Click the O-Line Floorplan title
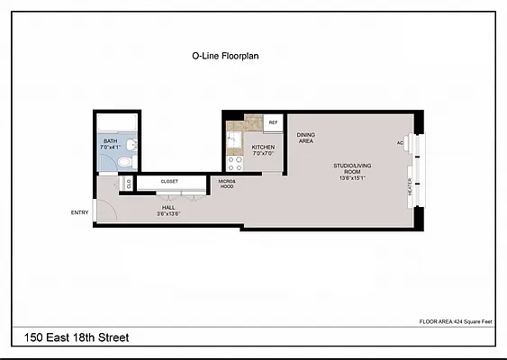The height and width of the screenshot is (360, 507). click(x=225, y=55)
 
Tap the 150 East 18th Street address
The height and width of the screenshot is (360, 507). click(x=71, y=337)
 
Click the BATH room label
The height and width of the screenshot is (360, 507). click(x=110, y=140)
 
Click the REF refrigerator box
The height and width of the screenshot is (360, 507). click(x=273, y=121)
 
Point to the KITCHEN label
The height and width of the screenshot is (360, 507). click(x=263, y=147)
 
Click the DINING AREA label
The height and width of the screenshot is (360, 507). click(x=305, y=138)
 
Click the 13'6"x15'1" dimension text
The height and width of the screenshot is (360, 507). click(x=351, y=177)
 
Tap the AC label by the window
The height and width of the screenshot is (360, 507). click(x=399, y=143)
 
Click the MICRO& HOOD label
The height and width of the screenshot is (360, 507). click(x=226, y=184)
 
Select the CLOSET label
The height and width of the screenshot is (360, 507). click(x=169, y=182)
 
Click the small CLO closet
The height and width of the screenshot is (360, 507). click(x=129, y=183)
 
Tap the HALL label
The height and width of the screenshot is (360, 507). click(x=168, y=206)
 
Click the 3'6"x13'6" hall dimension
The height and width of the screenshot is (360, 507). click(x=168, y=214)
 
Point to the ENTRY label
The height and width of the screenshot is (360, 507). click(x=80, y=212)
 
